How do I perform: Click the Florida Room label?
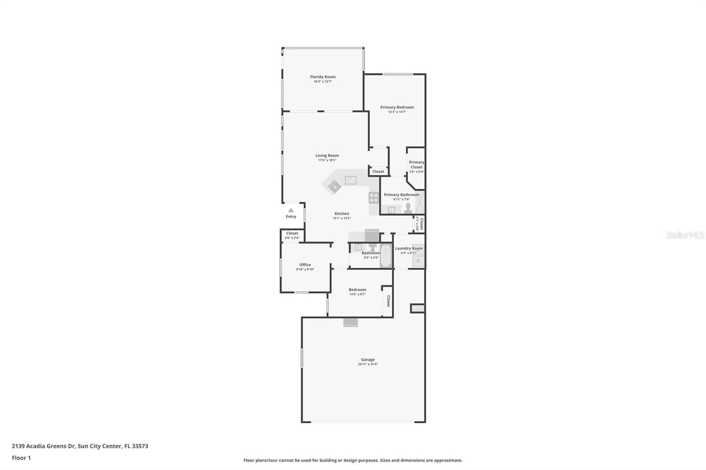coord(323,77)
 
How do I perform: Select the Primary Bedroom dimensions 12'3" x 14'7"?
coord(397,112)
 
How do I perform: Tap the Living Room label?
coord(327,155)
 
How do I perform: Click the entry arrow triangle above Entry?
coord(291,210)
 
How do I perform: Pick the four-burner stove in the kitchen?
coord(374,198)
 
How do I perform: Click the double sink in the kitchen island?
coord(351,180)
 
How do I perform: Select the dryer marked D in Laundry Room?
coord(418,261)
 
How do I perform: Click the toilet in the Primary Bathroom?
coord(408,207)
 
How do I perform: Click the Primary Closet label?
coord(417,164)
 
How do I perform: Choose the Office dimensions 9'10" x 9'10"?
coord(305,269)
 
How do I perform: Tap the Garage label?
coord(368,359)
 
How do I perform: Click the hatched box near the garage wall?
coord(417,308)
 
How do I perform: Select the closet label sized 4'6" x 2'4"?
coord(292,238)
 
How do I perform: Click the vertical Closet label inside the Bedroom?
coord(388,301)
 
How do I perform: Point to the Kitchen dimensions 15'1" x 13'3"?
coord(342,218)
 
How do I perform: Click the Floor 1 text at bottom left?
coord(21,458)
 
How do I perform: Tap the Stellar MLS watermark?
coord(685,235)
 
